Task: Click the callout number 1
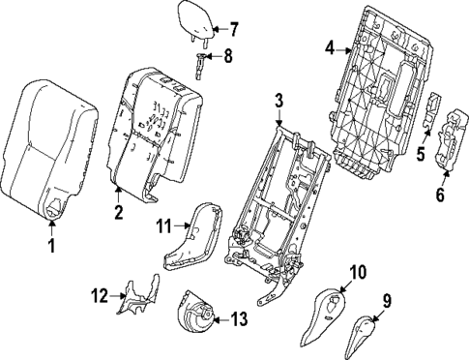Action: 50,247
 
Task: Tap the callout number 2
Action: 117,212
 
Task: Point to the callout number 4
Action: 329,45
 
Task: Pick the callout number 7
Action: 233,30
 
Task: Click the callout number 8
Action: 228,57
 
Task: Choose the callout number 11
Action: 163,225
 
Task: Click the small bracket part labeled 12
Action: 132,297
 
